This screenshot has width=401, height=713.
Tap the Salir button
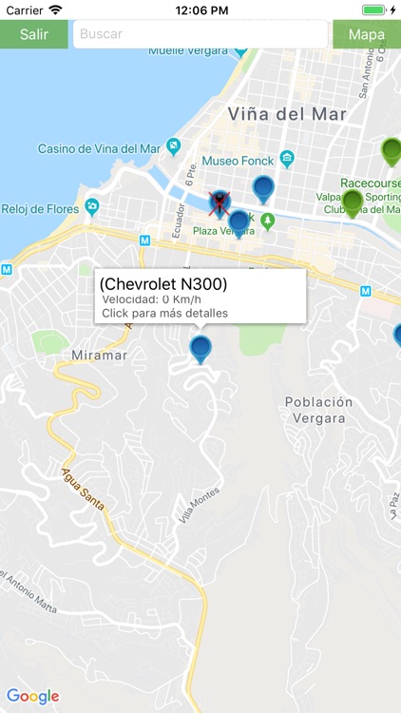[34, 34]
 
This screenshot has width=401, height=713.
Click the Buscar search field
[200, 34]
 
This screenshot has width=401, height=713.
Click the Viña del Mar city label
[286, 114]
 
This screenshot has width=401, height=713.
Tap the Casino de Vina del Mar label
[99, 148]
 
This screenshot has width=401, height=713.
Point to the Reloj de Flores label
[41, 209]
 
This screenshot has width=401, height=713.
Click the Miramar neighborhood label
[99, 355]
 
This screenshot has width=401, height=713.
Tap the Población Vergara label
[318, 410]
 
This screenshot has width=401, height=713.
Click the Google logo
[32, 696]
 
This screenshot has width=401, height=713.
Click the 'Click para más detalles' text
[164, 313]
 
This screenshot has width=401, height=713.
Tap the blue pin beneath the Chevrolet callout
[200, 348]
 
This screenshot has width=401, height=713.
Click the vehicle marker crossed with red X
[220, 202]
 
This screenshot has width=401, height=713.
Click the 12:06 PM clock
[200, 10]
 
